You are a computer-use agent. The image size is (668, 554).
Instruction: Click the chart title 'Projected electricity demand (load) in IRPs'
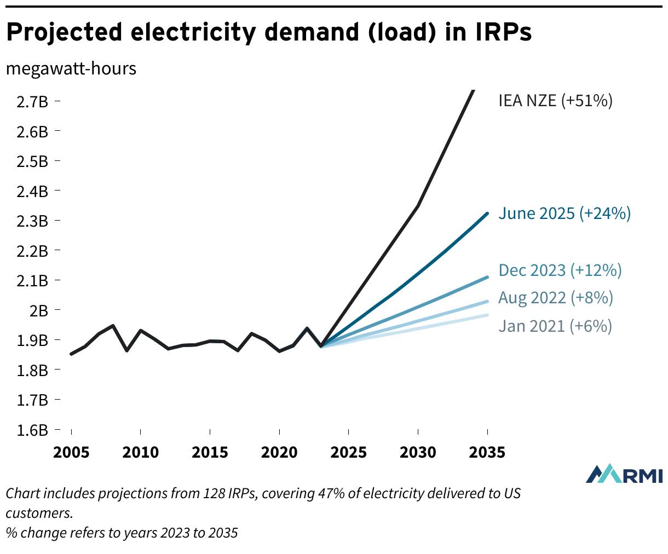point(268,33)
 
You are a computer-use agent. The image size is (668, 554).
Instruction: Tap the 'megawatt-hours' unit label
point(71,69)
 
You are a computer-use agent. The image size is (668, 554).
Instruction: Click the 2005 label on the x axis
point(71,453)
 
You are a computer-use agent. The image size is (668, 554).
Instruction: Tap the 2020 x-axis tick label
point(279,453)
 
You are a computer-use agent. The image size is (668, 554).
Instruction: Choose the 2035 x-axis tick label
point(487,453)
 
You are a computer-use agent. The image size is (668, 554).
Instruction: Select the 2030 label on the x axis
point(418,453)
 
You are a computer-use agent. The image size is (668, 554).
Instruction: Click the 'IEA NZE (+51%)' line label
point(555,101)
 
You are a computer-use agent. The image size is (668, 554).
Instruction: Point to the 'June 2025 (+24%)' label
point(565,213)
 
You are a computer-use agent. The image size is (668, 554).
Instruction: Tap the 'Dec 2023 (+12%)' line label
point(560,270)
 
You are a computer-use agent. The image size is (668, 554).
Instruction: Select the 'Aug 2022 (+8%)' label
point(556,298)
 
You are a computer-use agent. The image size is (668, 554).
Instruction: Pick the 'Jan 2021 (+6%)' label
point(555,326)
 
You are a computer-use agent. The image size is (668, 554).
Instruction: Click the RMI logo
point(624,474)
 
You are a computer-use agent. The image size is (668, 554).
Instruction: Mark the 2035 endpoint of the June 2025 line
point(487,213)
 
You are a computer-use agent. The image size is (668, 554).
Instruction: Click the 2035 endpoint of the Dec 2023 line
point(487,278)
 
